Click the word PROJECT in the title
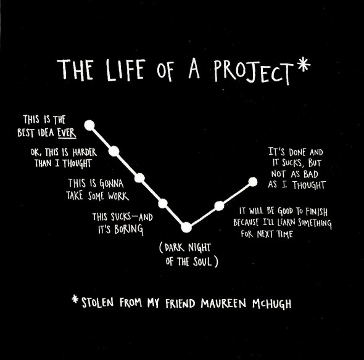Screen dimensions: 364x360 coord(252,72)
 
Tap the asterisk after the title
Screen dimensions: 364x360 coord(304,65)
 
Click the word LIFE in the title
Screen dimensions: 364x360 coord(126,70)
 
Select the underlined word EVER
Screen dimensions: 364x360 coord(67,133)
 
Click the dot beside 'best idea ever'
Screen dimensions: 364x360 coord(89,125)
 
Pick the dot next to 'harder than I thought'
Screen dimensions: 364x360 coord(114,151)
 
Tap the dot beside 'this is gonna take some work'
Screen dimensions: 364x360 coord(140,178)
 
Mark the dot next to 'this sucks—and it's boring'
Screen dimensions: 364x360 coord(163,203)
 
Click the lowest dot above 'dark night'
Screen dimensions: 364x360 coord(186,227)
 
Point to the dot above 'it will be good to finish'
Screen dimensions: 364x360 coord(219,206)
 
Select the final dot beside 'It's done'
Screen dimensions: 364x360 coord(253,182)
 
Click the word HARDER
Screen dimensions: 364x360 coord(85,152)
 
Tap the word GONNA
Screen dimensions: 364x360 coord(112,184)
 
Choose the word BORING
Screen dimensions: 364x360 coord(128,230)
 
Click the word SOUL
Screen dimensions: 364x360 coord(202,261)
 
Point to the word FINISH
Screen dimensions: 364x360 coord(316,211)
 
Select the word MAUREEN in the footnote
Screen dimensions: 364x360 coord(223,303)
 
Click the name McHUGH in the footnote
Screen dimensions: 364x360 coord(272,304)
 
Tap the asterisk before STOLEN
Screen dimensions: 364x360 coord(75,299)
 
